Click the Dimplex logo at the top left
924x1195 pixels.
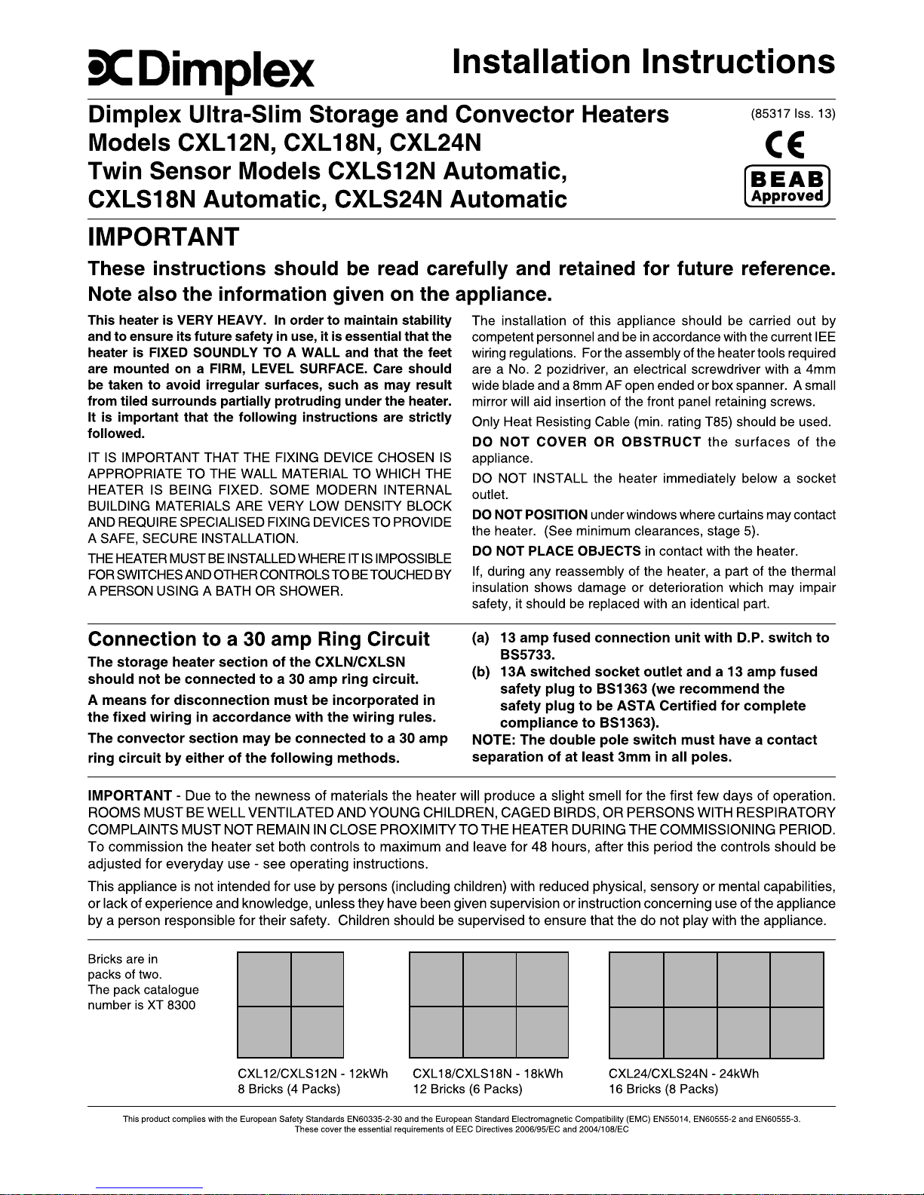pyautogui.click(x=201, y=72)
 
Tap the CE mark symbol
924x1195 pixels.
pyautogui.click(x=784, y=143)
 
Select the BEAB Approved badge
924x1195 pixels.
pyautogui.click(x=787, y=186)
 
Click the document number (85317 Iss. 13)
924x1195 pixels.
pyautogui.click(x=793, y=114)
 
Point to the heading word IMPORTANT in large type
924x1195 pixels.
pyautogui.click(x=164, y=237)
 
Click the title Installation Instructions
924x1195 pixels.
pyautogui.click(x=643, y=62)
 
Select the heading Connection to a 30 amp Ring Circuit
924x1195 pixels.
pyautogui.click(x=259, y=639)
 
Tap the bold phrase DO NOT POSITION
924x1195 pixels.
pyautogui.click(x=530, y=515)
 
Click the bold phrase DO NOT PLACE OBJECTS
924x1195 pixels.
pyautogui.click(x=557, y=551)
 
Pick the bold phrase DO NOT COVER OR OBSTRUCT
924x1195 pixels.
pyautogui.click(x=587, y=442)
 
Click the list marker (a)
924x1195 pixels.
pyautogui.click(x=481, y=638)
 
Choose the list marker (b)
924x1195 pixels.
pyautogui.click(x=481, y=672)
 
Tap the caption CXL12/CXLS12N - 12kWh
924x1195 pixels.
pyautogui.click(x=313, y=1074)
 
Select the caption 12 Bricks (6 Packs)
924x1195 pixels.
pyautogui.click(x=468, y=1089)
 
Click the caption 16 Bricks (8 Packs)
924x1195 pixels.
pyautogui.click(x=664, y=1089)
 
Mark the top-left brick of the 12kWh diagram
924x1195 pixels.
pyautogui.click(x=264, y=979)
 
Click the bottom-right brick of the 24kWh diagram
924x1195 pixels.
pyautogui.click(x=797, y=1032)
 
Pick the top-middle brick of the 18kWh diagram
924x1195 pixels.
pyautogui.click(x=489, y=979)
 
